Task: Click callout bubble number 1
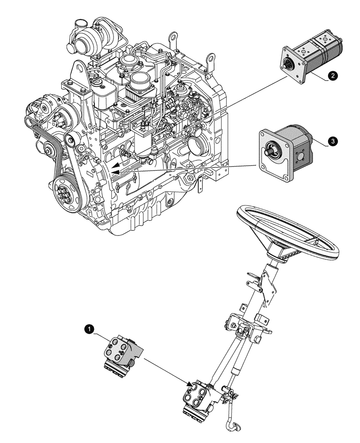(x=90, y=329)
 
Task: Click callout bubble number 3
(x=333, y=141)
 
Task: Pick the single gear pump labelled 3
(x=288, y=153)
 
